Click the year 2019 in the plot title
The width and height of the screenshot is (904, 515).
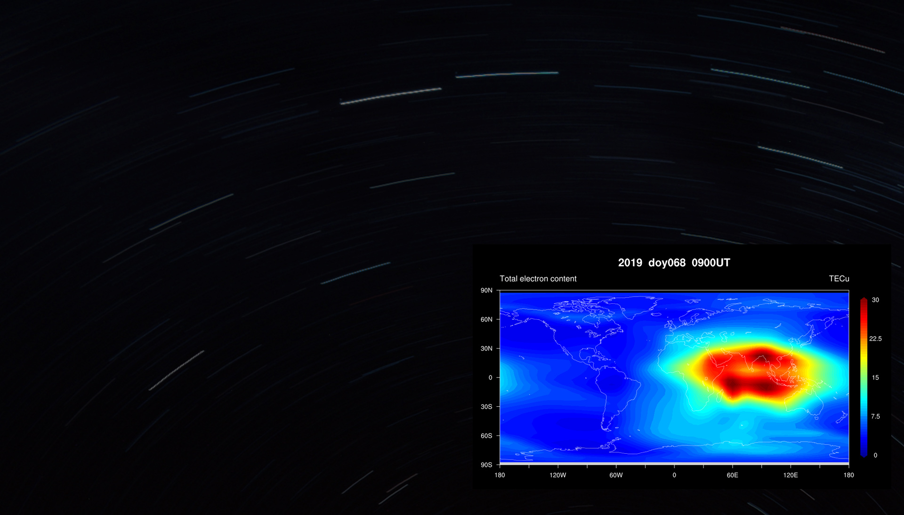(x=630, y=263)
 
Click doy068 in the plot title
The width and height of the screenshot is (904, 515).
(x=667, y=263)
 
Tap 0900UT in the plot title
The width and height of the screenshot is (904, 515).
(x=710, y=263)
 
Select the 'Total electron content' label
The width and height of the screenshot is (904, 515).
(x=538, y=279)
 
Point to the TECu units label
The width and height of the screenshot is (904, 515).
(x=839, y=279)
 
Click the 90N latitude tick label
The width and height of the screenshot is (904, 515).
(x=486, y=290)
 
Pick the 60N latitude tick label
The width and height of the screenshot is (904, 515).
(x=486, y=319)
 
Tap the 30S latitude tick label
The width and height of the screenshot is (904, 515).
(x=486, y=407)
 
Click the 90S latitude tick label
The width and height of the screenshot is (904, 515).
(x=486, y=465)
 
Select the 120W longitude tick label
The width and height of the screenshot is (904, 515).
(x=558, y=475)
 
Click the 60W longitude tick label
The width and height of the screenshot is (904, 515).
(x=616, y=475)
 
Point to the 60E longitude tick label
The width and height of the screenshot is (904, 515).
(x=732, y=475)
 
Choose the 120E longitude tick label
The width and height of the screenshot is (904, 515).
(x=791, y=475)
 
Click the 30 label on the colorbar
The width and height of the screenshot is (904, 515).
(x=875, y=300)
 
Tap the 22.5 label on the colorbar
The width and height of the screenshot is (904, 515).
(x=875, y=338)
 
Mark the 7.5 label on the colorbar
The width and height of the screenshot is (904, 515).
(x=875, y=416)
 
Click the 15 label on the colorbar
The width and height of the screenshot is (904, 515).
(x=875, y=378)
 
